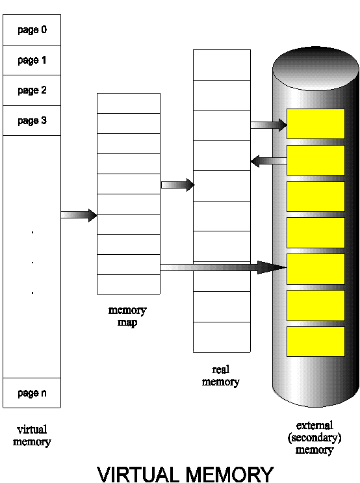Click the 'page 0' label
(x=32, y=30)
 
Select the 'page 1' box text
(x=32, y=60)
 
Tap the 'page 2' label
(x=32, y=90)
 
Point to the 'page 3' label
(x=32, y=120)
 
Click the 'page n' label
(x=32, y=393)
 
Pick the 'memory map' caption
(x=127, y=316)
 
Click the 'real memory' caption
(x=221, y=376)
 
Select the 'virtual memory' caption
(x=32, y=436)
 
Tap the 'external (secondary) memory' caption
(x=315, y=437)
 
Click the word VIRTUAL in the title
(x=138, y=475)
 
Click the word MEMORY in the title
(x=230, y=475)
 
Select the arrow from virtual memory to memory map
(x=79, y=215)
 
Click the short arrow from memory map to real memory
(x=177, y=185)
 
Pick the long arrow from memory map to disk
(x=224, y=267)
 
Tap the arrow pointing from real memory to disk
(x=268, y=125)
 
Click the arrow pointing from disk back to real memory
(x=268, y=161)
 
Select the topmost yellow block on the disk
(x=316, y=124)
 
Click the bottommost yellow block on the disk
(x=316, y=341)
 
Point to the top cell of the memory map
(x=129, y=103)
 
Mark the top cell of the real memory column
(x=222, y=65)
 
